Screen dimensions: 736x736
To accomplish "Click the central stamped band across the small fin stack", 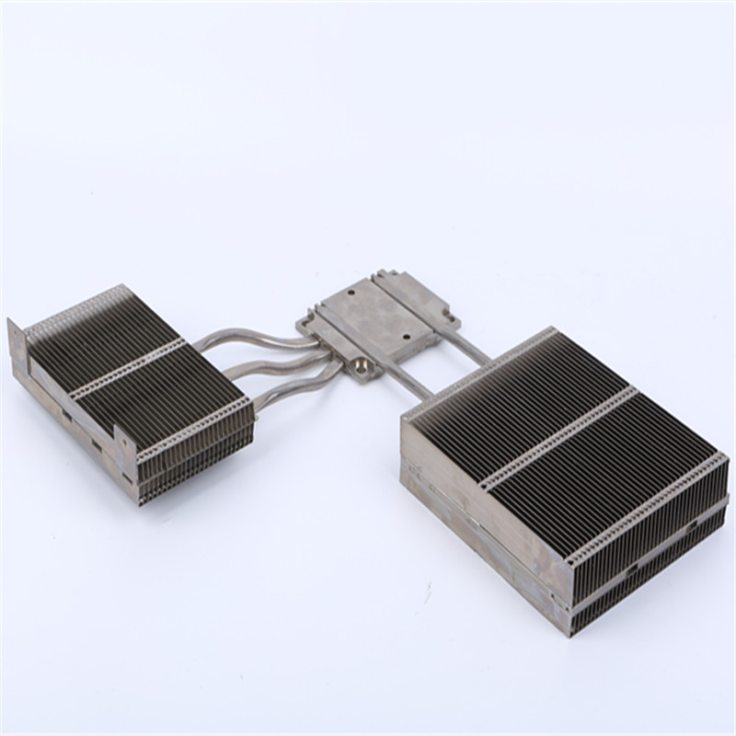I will tap(129, 367).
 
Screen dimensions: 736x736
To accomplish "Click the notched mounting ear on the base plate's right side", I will tap(450, 317).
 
